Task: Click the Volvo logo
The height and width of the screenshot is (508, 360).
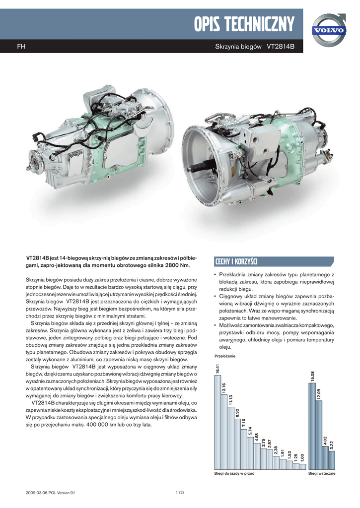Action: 329,30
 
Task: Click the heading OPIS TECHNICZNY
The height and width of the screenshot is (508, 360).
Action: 244,24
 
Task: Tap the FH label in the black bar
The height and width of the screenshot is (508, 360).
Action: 21,47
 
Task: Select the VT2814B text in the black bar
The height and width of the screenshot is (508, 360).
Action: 281,47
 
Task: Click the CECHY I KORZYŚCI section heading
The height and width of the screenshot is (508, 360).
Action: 236,261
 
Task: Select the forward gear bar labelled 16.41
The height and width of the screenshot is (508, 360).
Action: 217,422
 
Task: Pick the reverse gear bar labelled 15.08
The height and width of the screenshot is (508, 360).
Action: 312,426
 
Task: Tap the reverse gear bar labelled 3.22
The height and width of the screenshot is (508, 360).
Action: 332,460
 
